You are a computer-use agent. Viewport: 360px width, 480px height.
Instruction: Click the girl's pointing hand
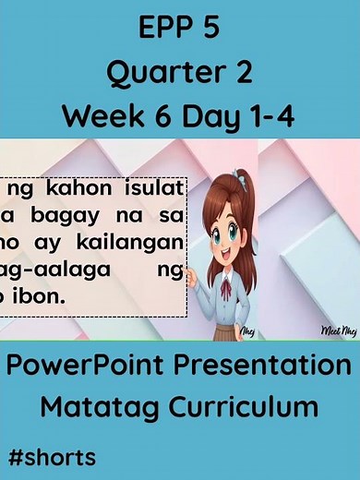[190, 275]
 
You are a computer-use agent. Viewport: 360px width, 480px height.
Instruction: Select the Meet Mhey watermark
[333, 328]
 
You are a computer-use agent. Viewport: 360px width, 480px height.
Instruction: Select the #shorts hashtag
[51, 456]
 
